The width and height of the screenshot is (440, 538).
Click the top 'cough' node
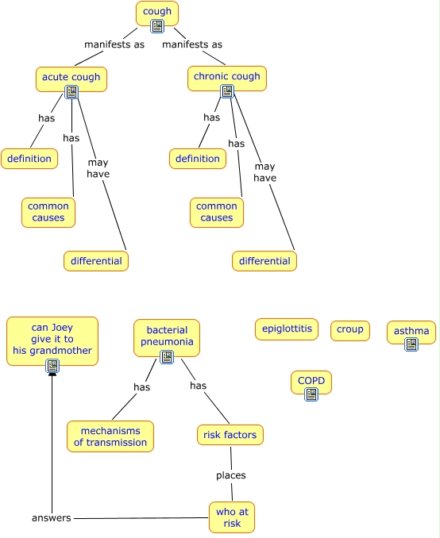157,13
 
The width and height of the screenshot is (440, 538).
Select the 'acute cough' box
71,79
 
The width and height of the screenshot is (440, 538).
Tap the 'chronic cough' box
226,79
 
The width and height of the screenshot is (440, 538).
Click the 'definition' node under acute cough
29,159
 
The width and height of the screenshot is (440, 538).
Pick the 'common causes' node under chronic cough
217,213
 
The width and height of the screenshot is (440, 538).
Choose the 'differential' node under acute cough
96,261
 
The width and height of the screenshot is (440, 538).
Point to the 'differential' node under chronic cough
264,261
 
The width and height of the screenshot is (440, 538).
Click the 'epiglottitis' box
287,329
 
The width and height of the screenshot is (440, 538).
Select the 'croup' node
350,330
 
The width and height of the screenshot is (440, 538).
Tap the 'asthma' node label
411,331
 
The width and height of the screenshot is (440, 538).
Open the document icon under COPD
311,394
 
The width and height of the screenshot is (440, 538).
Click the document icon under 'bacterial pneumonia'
167,357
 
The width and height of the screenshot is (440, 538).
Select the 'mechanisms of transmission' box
110,436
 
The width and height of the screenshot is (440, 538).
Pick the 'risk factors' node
230,435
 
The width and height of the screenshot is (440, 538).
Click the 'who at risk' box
232,517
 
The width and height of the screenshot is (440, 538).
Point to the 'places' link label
231,475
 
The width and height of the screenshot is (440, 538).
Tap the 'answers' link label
51,517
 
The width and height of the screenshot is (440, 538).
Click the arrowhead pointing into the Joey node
52,374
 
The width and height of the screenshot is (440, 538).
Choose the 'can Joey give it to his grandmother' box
52,341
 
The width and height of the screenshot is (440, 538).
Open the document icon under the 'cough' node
157,26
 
